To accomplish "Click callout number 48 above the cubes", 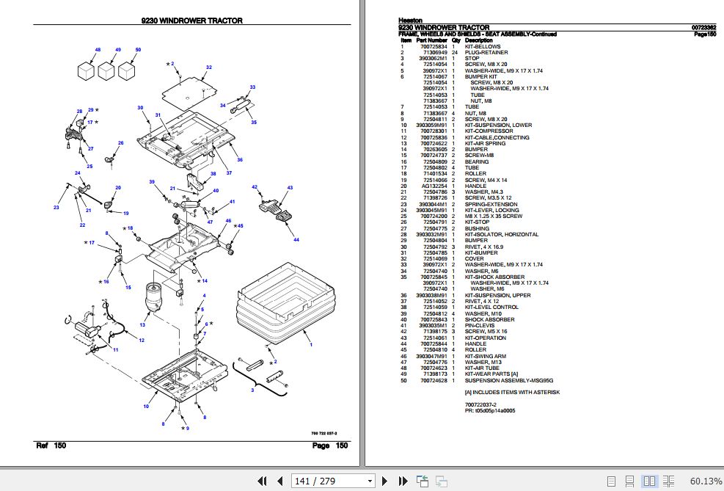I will [97, 50].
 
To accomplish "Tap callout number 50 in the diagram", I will [137, 50].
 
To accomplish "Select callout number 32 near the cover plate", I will [208, 68].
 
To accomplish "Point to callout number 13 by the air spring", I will [143, 324].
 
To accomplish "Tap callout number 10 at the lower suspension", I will [145, 406].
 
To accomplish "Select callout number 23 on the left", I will [56, 208].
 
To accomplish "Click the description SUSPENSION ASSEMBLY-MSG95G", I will [508, 381].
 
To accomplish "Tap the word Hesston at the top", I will [409, 21].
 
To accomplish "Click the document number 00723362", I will [703, 28].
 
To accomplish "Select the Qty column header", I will [455, 40].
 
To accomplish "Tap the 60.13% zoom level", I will [705, 481].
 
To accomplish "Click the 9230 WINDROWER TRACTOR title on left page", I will [191, 21].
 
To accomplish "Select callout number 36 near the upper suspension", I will [239, 159].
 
